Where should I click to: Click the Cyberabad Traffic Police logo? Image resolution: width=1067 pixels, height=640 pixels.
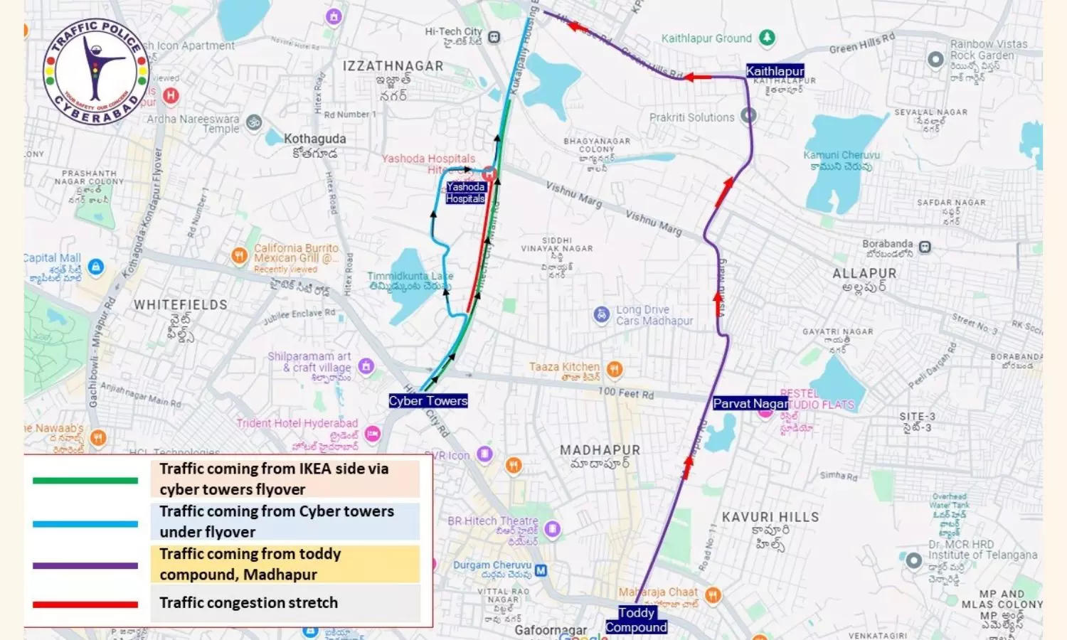click(x=95, y=72)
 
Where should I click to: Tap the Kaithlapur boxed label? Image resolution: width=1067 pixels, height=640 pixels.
click(x=775, y=71)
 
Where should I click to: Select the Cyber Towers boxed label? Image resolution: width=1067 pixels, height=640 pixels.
click(x=428, y=401)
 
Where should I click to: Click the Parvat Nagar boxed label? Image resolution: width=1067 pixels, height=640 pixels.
click(x=750, y=403)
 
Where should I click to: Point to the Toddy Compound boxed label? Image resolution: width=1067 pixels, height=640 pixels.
click(x=637, y=619)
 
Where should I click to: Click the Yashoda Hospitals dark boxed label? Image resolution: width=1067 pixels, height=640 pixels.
click(x=465, y=193)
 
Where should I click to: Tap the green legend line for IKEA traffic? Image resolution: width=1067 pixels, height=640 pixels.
click(x=85, y=481)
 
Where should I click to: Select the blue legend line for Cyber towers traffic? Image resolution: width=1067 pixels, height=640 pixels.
click(x=85, y=524)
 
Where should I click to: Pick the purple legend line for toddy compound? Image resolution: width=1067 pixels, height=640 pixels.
click(x=85, y=566)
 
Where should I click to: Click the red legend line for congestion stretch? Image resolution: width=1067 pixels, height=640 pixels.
click(x=85, y=604)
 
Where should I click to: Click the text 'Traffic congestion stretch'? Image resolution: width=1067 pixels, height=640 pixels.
click(x=248, y=603)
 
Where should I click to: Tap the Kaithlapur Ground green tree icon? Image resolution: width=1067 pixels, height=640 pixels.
click(x=767, y=38)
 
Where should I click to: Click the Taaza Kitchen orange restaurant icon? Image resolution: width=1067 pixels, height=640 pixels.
click(x=615, y=369)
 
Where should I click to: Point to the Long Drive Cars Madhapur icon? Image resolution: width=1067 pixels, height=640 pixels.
click(x=602, y=314)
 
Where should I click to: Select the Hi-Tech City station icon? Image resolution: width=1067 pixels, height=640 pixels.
click(x=494, y=37)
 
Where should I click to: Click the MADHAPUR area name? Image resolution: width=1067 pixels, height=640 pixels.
click(x=600, y=450)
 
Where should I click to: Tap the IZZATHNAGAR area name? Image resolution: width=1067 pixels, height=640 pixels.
click(x=393, y=66)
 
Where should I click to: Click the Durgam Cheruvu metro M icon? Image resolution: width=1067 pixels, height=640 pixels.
click(x=541, y=570)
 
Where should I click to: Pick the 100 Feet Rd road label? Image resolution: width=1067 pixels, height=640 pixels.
click(x=625, y=393)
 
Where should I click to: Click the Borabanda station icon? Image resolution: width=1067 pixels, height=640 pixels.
click(x=925, y=247)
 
